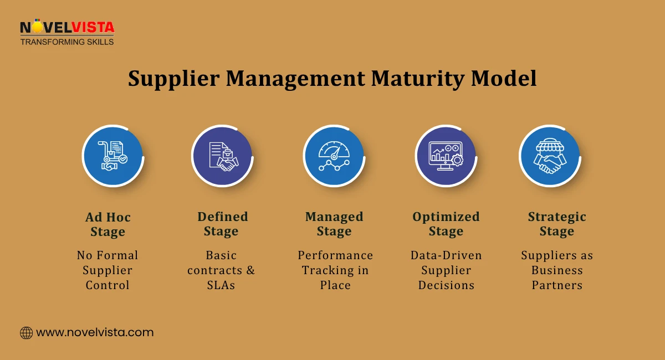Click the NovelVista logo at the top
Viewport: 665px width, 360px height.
[x=67, y=32]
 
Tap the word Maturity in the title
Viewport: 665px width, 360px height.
[x=417, y=79]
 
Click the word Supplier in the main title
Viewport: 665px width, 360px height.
[x=173, y=79]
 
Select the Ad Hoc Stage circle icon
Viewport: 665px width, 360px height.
[x=113, y=156]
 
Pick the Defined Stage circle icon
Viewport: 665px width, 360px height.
[x=222, y=156]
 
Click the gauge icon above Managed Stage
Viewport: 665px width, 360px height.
[x=334, y=156]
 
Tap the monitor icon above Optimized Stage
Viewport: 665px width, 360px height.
[x=446, y=156]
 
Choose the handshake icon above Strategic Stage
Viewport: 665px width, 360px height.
[x=550, y=156]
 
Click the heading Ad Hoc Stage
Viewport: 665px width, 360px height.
[x=108, y=224]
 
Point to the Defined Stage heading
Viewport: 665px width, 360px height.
[x=222, y=224]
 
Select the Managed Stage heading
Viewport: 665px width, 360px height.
[x=334, y=224]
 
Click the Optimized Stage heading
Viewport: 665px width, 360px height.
[x=446, y=224]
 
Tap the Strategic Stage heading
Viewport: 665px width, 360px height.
[x=557, y=224]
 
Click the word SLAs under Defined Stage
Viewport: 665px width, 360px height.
[x=221, y=285]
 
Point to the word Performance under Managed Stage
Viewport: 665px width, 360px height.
[x=335, y=255]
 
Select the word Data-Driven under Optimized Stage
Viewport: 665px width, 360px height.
[x=446, y=255]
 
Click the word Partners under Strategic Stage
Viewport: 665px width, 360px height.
[x=557, y=285]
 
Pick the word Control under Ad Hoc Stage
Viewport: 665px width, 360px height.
[x=108, y=285]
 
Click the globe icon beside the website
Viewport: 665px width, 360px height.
[x=27, y=333]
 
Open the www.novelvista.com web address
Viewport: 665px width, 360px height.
[x=95, y=332]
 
